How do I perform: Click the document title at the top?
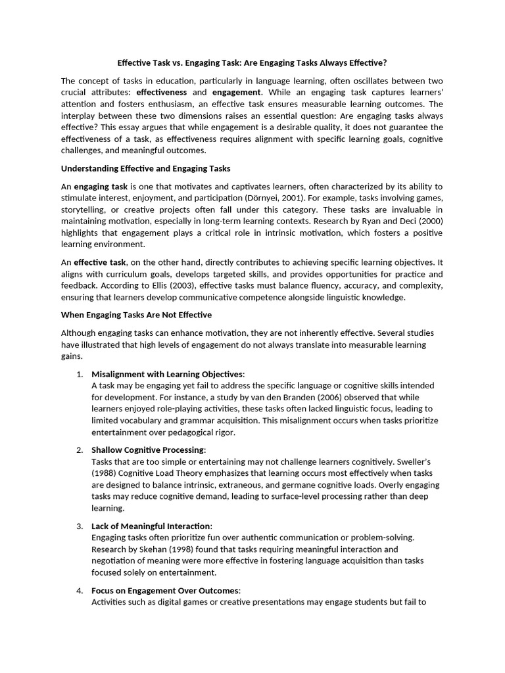pyautogui.click(x=252, y=63)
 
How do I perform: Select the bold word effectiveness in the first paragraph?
pyautogui.click(x=161, y=93)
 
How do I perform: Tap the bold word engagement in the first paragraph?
pyautogui.click(x=237, y=93)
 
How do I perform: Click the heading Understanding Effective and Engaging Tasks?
pyautogui.click(x=145, y=169)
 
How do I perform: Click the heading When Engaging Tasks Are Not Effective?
pyautogui.click(x=136, y=315)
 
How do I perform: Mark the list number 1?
pyautogui.click(x=79, y=374)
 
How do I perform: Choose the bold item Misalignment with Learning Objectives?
pyautogui.click(x=167, y=374)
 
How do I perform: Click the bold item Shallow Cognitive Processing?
pyautogui.click(x=148, y=450)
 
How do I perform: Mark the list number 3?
pyautogui.click(x=79, y=526)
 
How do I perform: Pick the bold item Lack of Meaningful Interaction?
pyautogui.click(x=151, y=526)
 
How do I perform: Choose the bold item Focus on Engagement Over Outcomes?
pyautogui.click(x=165, y=590)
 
